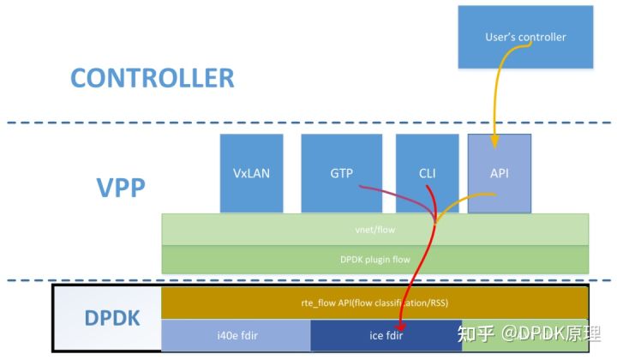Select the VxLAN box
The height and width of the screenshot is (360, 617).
[250, 173]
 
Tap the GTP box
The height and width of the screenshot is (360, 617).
[341, 173]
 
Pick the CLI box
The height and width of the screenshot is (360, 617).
[427, 173]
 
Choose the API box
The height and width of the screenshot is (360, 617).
[500, 173]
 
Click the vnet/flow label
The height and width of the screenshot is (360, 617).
[374, 230]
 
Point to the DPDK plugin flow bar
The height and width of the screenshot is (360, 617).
[374, 258]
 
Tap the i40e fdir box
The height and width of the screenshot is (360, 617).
[236, 334]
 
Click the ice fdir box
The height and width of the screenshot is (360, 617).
[386, 334]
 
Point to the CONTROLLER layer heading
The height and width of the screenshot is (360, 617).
[152, 78]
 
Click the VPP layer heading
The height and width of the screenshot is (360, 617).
[121, 187]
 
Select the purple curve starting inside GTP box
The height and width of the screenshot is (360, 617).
[377, 190]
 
